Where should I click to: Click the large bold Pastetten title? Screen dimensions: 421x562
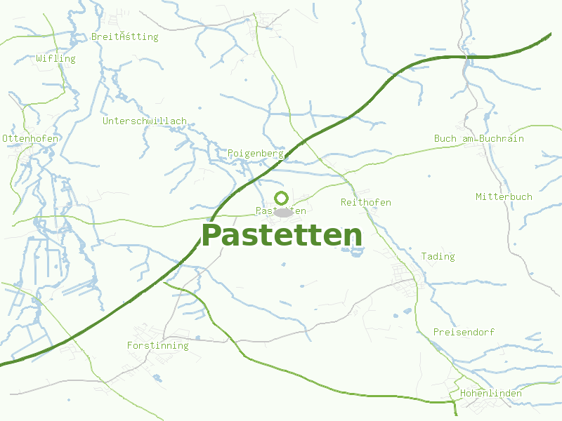point(282,236)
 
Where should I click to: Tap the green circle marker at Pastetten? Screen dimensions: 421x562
point(282,198)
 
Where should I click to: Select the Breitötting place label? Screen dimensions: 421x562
point(125,36)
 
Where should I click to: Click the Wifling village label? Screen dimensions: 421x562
point(56,59)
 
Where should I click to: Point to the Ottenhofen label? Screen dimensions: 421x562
point(31,139)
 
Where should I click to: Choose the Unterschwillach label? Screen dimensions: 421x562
point(145,121)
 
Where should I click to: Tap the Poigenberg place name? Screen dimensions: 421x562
point(255,153)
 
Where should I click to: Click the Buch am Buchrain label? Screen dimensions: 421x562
point(479,139)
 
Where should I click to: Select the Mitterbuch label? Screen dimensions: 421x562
point(504,196)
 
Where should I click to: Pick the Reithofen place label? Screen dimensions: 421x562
point(365,203)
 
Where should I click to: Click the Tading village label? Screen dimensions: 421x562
point(438,257)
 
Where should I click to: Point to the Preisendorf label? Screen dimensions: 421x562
point(464,332)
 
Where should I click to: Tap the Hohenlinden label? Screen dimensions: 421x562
point(491,394)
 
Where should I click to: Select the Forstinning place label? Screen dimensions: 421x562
point(158,346)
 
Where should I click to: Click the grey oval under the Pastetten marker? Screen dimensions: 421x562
point(283,212)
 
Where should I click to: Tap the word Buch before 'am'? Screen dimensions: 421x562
point(445,139)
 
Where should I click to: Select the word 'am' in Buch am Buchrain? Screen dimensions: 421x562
point(468,139)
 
